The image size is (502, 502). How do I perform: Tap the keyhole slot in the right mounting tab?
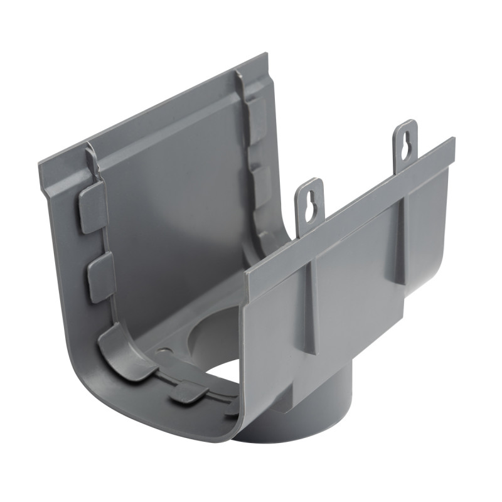(x=407, y=141)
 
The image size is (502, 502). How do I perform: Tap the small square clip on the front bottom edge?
(x=188, y=393)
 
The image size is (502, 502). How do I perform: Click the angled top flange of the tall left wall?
(x=157, y=113)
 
